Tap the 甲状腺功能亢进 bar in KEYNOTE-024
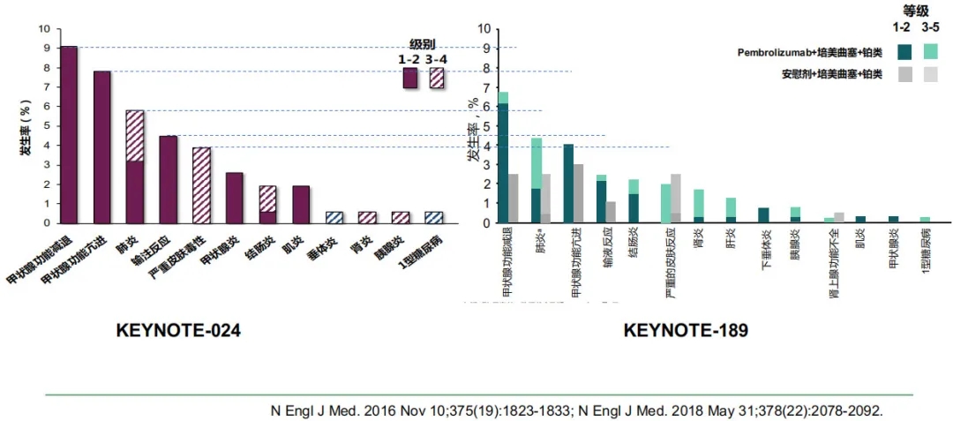(x=101, y=147)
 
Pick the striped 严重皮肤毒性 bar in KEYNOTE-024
(x=201, y=184)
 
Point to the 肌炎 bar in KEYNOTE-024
(x=301, y=204)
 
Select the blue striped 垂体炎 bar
(x=334, y=217)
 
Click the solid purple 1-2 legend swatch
(x=409, y=78)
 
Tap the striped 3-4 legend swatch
(x=436, y=78)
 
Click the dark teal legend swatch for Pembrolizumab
(x=904, y=52)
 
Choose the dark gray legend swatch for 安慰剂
(x=904, y=75)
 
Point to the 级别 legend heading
(x=422, y=44)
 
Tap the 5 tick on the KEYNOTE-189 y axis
(x=483, y=125)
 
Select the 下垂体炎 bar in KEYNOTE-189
(x=763, y=215)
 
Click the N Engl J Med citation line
(x=575, y=410)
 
